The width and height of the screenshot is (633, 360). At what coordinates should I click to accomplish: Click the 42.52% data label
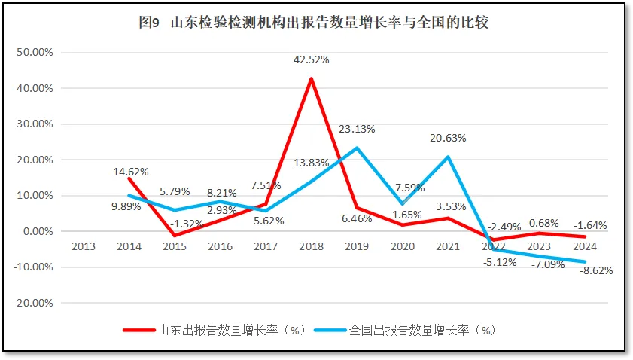point(312,59)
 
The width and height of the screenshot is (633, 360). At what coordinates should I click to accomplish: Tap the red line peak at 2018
point(311,78)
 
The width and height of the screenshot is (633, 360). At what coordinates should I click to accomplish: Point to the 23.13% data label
point(357,129)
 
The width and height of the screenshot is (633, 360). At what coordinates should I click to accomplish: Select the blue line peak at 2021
point(449,157)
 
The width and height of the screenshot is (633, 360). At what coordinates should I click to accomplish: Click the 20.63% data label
point(449,138)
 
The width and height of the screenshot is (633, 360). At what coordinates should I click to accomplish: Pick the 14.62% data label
point(131,172)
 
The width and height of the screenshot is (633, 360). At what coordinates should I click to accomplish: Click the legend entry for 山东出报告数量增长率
point(215,330)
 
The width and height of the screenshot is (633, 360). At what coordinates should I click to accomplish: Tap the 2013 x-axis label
point(84,246)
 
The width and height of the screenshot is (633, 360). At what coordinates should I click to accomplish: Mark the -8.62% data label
point(597,271)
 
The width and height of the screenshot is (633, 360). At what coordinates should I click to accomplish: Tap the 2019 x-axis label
point(357,246)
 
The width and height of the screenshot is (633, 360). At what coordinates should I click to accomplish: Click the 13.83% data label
point(312,163)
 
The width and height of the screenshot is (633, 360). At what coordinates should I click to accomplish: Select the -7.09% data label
point(548,264)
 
